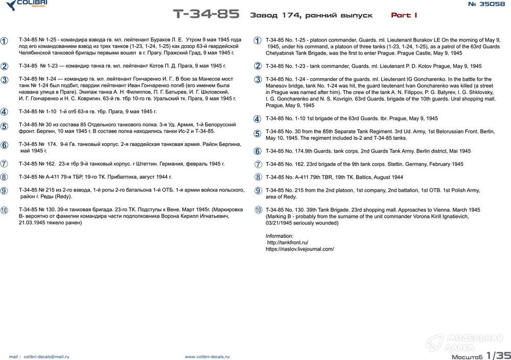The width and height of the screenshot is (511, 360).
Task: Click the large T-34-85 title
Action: (205, 14)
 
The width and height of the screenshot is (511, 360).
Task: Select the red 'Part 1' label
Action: (404, 15)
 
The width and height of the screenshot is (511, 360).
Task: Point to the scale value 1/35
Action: (498, 354)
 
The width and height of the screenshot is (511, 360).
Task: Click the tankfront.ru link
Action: (288, 243)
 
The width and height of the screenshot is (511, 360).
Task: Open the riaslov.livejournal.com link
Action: (300, 249)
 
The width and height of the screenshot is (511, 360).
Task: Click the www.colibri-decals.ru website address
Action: (207, 357)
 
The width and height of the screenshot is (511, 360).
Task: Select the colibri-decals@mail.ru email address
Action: (45, 357)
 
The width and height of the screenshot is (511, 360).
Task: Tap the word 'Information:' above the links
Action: (280, 236)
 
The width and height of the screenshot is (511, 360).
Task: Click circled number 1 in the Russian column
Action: (4, 41)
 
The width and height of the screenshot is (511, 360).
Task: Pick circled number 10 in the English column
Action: (258, 210)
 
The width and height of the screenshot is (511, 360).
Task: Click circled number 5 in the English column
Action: (258, 134)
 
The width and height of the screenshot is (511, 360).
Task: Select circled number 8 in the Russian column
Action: (4, 177)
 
